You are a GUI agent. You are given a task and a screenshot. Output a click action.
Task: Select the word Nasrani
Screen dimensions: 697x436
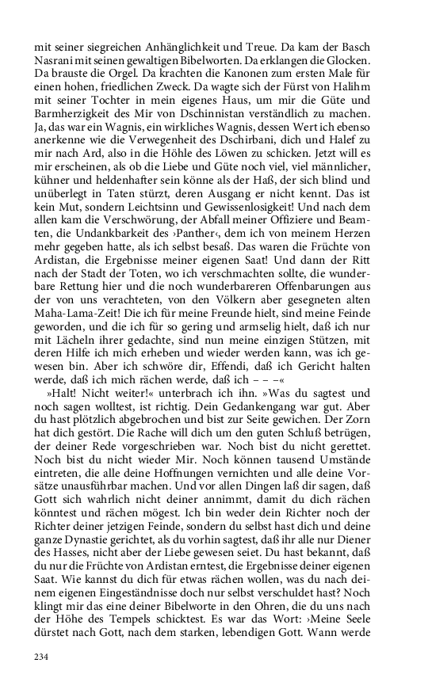click(x=56, y=59)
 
